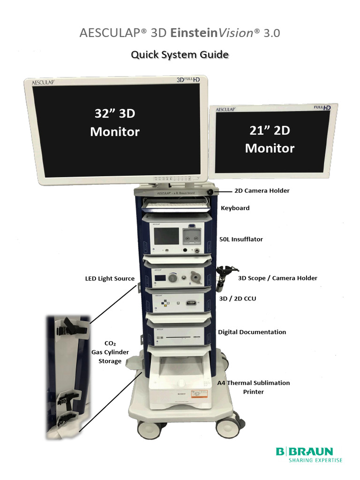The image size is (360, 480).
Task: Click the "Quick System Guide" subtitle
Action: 180,55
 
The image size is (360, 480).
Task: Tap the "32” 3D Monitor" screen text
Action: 115,122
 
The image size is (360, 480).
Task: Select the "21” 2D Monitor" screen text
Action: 270,139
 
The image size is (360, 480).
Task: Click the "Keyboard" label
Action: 235,208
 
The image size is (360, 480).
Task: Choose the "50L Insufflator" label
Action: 241,239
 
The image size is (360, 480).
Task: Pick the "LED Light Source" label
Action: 110,278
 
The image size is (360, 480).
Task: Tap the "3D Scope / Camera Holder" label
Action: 277,278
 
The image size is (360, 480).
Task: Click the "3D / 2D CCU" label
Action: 238,298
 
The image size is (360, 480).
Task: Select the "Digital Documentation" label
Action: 252,332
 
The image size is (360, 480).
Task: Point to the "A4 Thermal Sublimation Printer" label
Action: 254,387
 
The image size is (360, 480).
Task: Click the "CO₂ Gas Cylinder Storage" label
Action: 110,352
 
